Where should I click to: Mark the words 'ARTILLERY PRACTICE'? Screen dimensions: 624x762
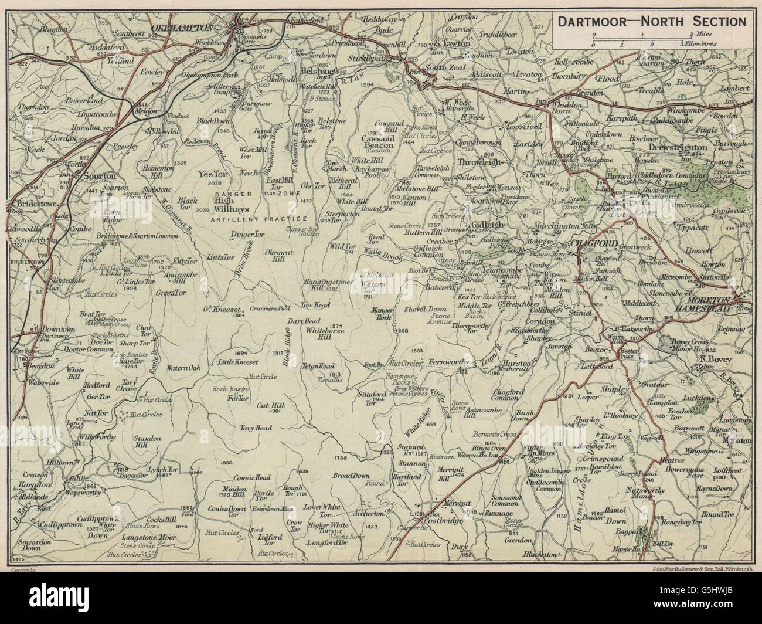[259, 219]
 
